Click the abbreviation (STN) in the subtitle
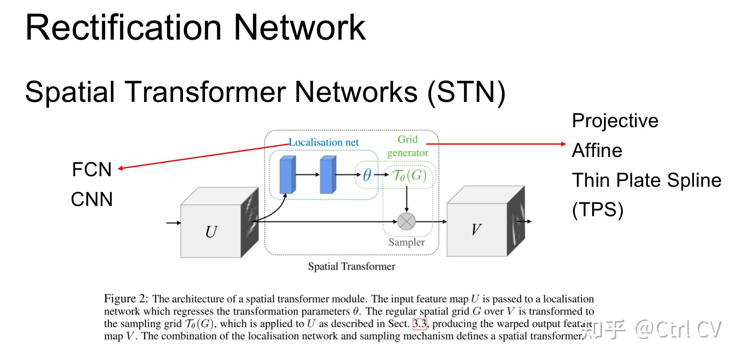pos(466,92)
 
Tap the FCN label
pos(92,169)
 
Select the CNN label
pos(92,199)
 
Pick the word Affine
pos(597,150)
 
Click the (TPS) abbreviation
pos(598,210)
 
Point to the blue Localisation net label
pos(324,142)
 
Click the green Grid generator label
pos(408,146)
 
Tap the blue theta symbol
pos(367,175)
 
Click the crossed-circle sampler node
pos(406,222)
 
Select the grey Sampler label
pos(407,242)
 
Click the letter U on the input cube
pos(211,232)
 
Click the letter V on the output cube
pos(476,229)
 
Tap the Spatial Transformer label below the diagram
pos(352,266)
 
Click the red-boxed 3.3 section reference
pos(419,324)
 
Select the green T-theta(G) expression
pos(409,175)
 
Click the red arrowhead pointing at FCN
pos(121,168)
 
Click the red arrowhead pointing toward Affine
pos(563,144)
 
